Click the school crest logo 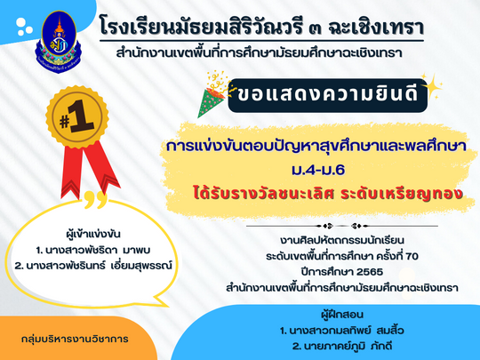pyautogui.click(x=59, y=41)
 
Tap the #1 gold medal pyautogui.click(x=77, y=118)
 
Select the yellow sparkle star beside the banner pyautogui.click(x=432, y=86)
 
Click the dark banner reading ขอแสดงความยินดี pyautogui.click(x=327, y=95)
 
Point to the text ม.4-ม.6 pyautogui.click(x=318, y=170)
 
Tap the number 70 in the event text pyautogui.click(x=412, y=256)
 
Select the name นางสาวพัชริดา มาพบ pyautogui.click(x=93, y=250)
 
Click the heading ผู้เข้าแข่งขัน pyautogui.click(x=93, y=235)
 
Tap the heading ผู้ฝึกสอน pyautogui.click(x=342, y=315)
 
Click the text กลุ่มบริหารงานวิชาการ pyautogui.click(x=75, y=340)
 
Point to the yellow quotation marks pyautogui.click(x=95, y=200)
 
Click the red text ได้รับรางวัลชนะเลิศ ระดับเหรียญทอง pyautogui.click(x=327, y=194)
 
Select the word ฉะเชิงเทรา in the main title pyautogui.click(x=376, y=27)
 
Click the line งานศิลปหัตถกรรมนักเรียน pyautogui.click(x=342, y=240)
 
